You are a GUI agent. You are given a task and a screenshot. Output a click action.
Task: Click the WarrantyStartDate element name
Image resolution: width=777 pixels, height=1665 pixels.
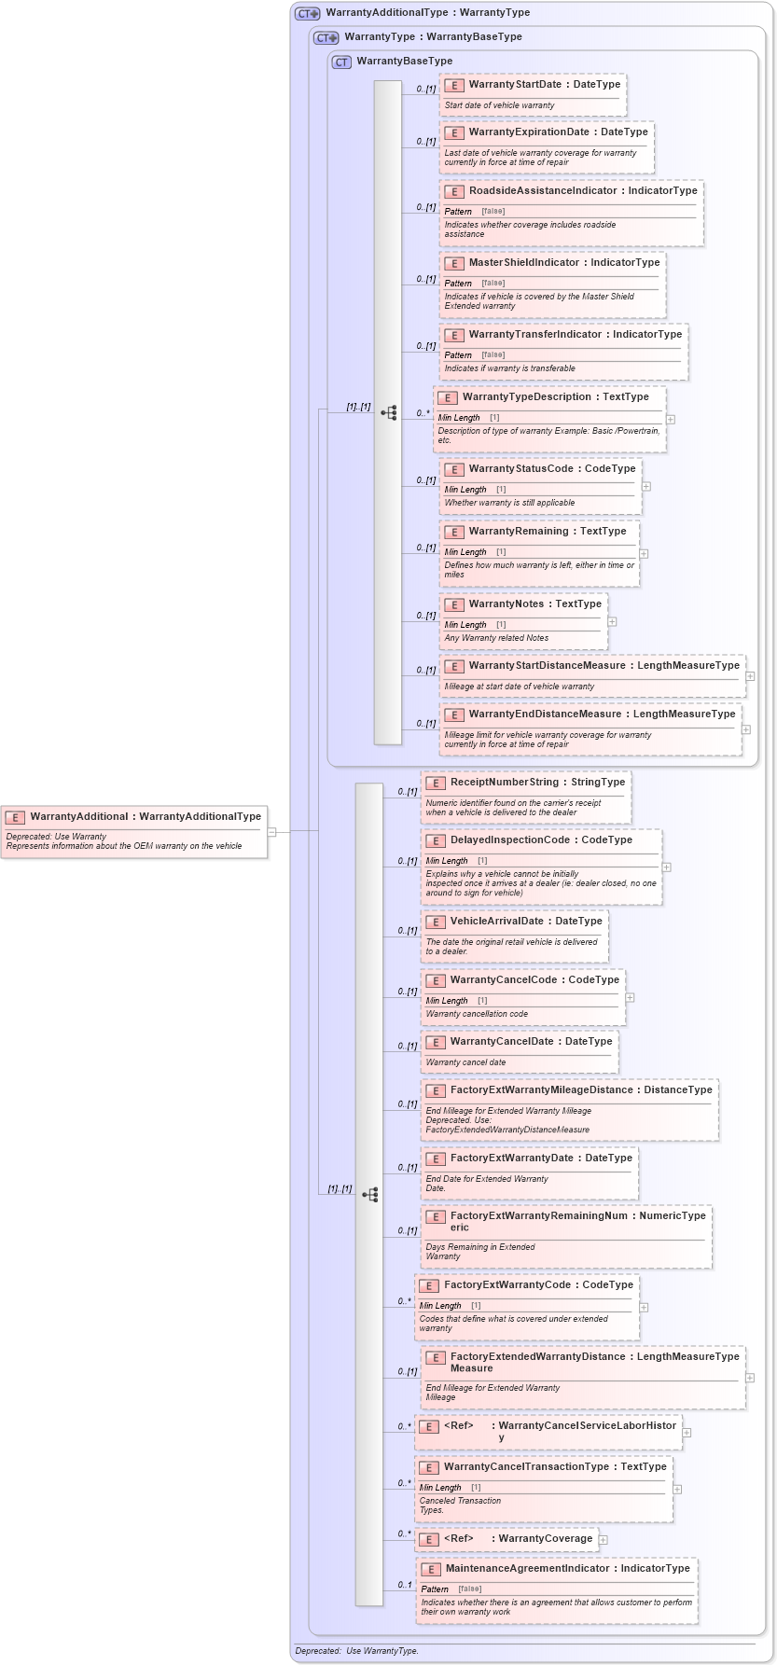[515, 85]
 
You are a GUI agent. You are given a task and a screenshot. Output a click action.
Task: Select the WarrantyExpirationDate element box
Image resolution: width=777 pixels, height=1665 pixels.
[547, 147]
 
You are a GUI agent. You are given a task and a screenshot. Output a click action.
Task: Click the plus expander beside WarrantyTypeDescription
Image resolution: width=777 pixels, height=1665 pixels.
[671, 420]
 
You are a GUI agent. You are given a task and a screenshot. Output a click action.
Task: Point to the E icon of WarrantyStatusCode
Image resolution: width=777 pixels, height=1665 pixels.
[454, 469]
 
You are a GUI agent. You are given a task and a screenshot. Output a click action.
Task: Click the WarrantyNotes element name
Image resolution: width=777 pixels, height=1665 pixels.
[506, 604]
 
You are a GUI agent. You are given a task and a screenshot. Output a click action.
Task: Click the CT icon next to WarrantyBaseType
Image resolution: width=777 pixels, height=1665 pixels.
[341, 62]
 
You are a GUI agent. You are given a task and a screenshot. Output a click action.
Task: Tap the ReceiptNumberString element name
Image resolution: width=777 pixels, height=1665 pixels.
[504, 783]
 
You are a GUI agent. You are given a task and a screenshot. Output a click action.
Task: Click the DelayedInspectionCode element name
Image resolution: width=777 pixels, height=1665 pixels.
[509, 840]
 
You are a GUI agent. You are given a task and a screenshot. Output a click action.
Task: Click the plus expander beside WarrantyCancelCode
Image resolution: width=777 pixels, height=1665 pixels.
[630, 997]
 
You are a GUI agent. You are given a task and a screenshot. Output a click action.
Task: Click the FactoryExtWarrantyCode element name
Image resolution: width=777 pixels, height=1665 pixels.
[506, 1285]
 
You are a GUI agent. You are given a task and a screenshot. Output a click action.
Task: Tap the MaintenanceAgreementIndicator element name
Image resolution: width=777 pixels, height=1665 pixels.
[527, 1569]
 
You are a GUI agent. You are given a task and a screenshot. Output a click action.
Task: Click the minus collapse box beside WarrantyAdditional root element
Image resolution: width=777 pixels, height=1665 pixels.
[271, 831]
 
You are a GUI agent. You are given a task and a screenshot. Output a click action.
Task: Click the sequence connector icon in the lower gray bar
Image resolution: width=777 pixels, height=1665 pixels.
[370, 1195]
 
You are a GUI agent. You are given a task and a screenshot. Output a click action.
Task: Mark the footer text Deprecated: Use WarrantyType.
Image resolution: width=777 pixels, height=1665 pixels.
[356, 1651]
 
